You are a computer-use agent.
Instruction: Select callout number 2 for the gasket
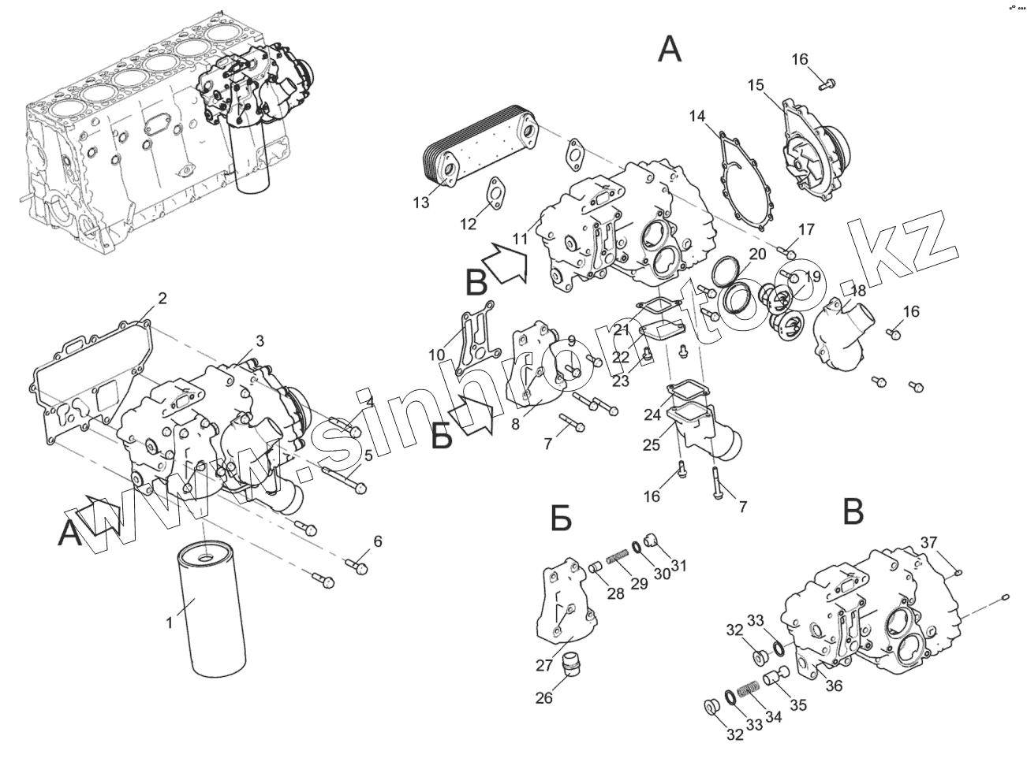[162, 299]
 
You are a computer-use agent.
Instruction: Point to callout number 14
[696, 117]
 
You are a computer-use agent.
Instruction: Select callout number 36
[833, 686]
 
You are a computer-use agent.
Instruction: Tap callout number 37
[928, 541]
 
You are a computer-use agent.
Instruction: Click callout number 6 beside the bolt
[378, 541]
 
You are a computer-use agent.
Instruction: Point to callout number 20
[757, 255]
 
